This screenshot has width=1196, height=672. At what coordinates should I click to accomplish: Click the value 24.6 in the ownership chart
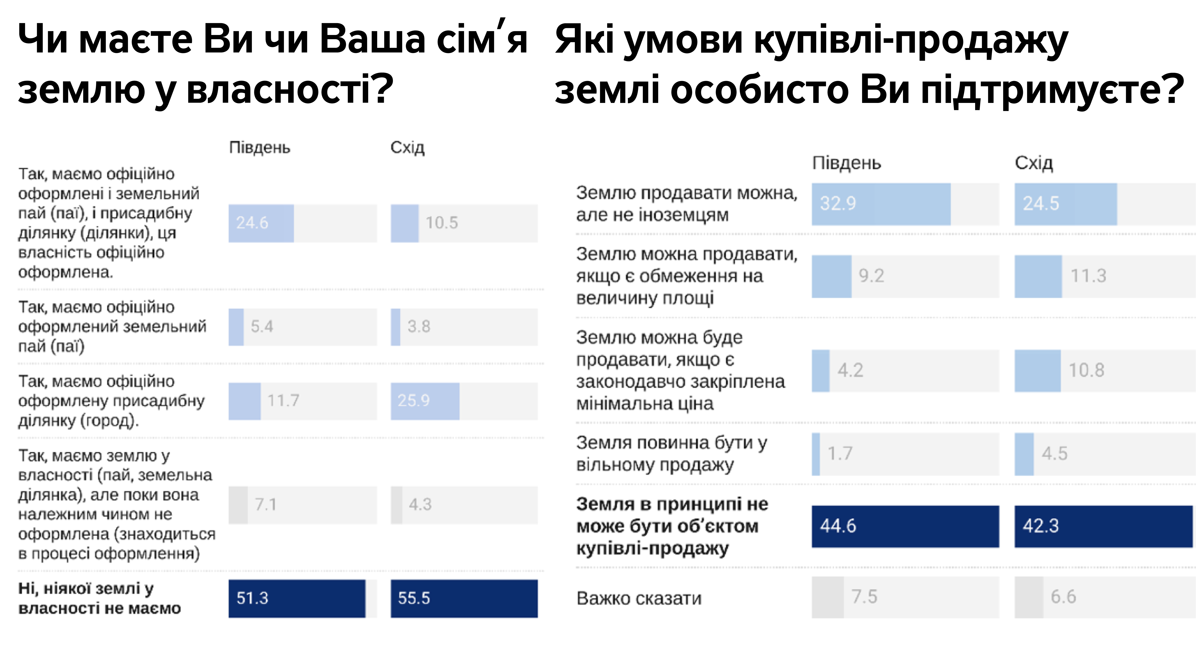(x=252, y=223)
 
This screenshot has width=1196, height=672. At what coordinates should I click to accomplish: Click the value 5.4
(x=262, y=326)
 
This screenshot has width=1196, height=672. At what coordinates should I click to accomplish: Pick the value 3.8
(x=419, y=326)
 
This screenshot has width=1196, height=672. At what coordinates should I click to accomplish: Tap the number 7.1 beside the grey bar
(x=265, y=504)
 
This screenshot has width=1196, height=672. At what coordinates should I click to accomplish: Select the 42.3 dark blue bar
(x=1103, y=526)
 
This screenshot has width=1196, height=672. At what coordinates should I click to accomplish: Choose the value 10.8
(x=1086, y=370)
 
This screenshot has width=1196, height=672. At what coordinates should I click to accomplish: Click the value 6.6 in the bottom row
(x=1063, y=597)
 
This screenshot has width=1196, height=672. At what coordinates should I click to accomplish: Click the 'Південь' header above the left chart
(x=259, y=148)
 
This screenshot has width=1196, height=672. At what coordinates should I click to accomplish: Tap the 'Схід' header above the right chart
(x=1033, y=163)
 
